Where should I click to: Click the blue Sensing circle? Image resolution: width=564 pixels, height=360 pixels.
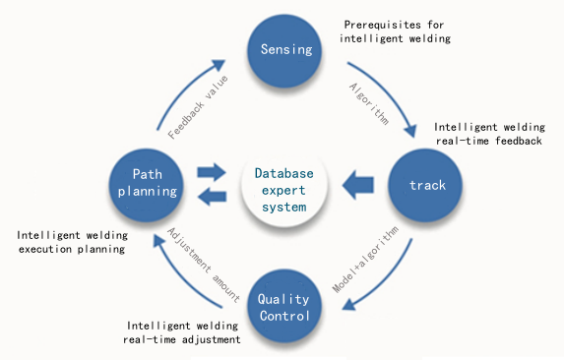(284, 51)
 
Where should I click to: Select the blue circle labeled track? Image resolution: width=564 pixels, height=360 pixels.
(425, 185)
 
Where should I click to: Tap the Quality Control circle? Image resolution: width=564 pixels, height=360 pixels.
(284, 306)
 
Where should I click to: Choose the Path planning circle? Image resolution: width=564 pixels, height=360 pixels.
(147, 185)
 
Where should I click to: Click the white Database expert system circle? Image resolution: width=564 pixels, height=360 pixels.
(284, 191)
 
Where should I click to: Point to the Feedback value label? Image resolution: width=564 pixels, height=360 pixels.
(198, 107)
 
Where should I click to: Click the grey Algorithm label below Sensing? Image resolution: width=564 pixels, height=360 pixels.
(369, 104)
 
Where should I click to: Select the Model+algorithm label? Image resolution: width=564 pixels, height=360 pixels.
(365, 259)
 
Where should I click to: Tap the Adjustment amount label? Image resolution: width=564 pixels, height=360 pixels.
(204, 265)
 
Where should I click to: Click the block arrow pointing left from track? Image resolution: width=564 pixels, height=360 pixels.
(358, 185)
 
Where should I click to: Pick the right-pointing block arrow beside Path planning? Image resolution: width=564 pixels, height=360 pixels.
(212, 172)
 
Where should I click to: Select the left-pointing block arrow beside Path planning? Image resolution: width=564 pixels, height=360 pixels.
(213, 197)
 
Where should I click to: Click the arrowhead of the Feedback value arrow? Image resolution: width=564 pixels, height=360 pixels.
(218, 65)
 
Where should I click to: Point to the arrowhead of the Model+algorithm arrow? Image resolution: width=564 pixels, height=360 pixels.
(348, 304)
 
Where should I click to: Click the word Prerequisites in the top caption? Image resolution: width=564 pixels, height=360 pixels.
(382, 25)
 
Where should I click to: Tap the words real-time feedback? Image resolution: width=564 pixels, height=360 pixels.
(489, 141)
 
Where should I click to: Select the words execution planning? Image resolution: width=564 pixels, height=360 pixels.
(72, 249)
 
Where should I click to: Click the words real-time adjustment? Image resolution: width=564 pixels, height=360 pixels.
(182, 339)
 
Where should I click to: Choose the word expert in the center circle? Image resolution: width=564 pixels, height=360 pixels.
(283, 191)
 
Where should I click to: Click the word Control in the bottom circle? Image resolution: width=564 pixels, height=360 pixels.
(284, 316)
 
